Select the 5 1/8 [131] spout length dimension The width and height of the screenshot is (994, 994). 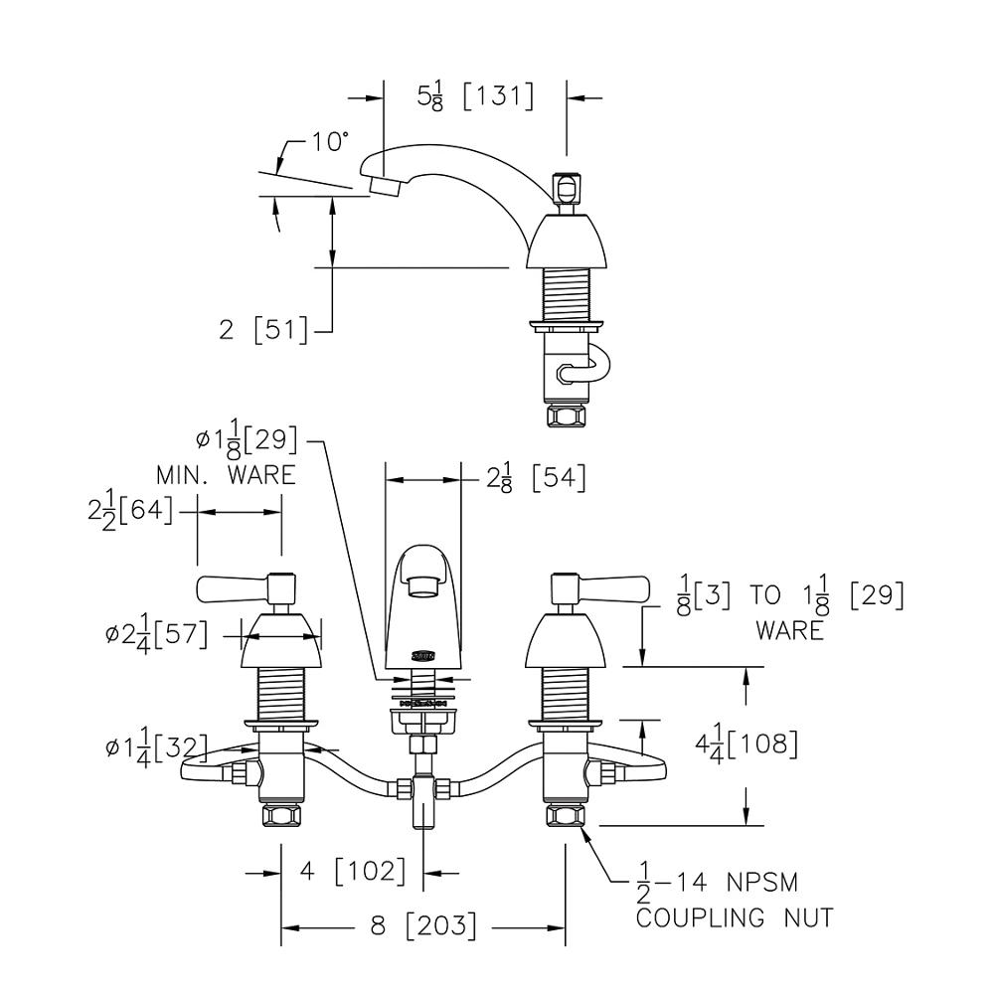[x=475, y=96]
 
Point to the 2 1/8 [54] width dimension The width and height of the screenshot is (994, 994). [x=535, y=478]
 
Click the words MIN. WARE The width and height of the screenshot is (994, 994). [x=225, y=475]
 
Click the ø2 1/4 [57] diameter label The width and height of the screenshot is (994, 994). [x=156, y=634]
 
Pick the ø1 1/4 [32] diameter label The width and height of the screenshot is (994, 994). [x=156, y=746]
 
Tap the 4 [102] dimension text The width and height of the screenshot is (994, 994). [x=353, y=872]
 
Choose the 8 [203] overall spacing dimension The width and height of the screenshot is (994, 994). [x=422, y=926]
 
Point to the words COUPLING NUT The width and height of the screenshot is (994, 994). [x=734, y=916]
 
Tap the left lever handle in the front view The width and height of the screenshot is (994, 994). [x=234, y=588]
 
